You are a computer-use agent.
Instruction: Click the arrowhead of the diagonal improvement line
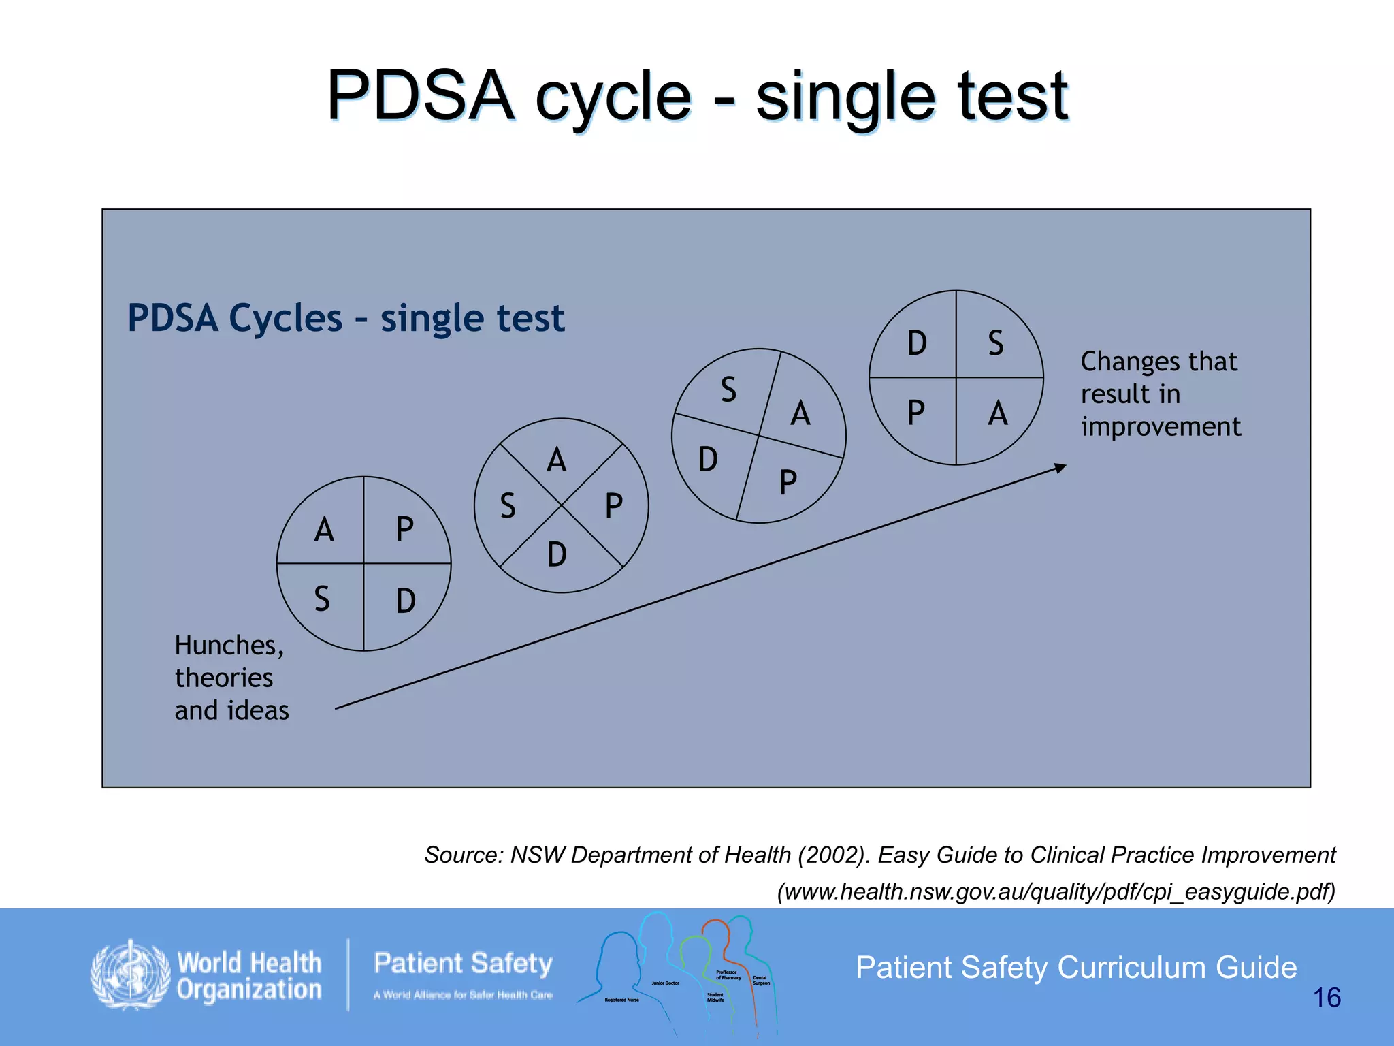pyautogui.click(x=1060, y=468)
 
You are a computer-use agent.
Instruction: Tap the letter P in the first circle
pyautogui.click(x=404, y=529)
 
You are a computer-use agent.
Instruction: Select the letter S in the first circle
pyautogui.click(x=322, y=599)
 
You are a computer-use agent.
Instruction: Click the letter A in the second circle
pyautogui.click(x=557, y=460)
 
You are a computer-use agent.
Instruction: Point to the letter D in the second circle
pyautogui.click(x=557, y=554)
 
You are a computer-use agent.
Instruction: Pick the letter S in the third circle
pyautogui.click(x=728, y=390)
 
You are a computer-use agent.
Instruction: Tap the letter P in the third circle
pyautogui.click(x=788, y=483)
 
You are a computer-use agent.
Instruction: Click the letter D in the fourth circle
pyautogui.click(x=917, y=343)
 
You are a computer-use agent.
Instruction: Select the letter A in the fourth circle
pyautogui.click(x=997, y=413)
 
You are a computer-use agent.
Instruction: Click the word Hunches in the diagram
pyautogui.click(x=229, y=646)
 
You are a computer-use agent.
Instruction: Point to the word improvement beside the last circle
pyautogui.click(x=1161, y=427)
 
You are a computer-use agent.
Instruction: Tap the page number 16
pyautogui.click(x=1326, y=998)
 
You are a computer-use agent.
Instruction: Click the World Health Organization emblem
pyautogui.click(x=130, y=974)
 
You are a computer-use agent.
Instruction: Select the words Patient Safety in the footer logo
pyautogui.click(x=463, y=964)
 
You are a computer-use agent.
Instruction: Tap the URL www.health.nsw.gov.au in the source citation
pyautogui.click(x=953, y=891)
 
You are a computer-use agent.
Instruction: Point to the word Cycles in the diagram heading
pyautogui.click(x=286, y=318)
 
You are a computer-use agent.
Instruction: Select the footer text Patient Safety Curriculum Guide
pyautogui.click(x=1076, y=968)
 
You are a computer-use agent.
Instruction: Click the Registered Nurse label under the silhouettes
pyautogui.click(x=621, y=1000)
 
